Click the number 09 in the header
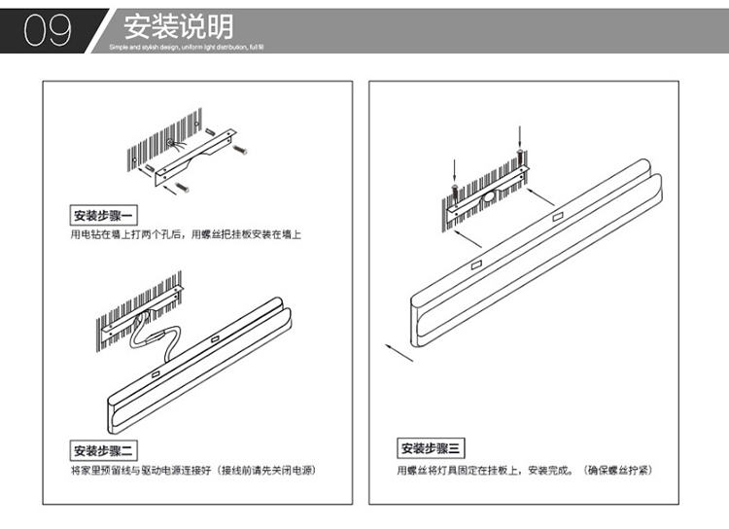tap(48, 29)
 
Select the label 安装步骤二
tap(107, 450)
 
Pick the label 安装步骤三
tap(434, 448)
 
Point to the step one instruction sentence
tap(186, 235)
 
